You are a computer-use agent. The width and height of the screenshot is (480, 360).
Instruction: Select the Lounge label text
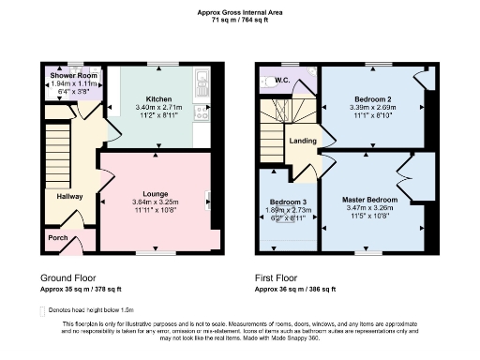(155, 194)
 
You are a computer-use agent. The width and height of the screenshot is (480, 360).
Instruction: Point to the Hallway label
(70, 197)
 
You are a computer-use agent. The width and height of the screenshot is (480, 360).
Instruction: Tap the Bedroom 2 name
(373, 98)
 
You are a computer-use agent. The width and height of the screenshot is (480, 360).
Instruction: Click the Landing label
(303, 141)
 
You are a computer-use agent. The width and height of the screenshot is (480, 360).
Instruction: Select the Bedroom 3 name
(288, 202)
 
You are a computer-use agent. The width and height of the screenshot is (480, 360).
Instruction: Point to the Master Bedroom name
(369, 200)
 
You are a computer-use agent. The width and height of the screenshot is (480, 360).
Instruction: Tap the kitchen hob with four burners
(201, 112)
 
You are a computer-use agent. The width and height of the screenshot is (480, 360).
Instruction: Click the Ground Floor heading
(67, 278)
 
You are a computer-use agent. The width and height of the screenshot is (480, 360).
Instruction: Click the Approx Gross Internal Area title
(239, 11)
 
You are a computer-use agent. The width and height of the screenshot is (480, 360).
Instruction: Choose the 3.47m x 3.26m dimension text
(369, 209)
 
